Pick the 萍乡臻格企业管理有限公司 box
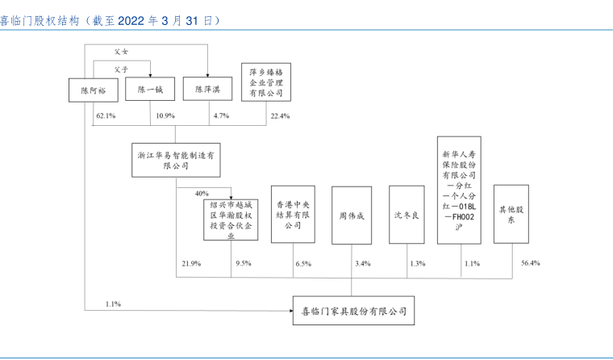pyautogui.click(x=265, y=82)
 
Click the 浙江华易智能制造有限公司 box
pyautogui.click(x=177, y=160)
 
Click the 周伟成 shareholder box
pyautogui.click(x=352, y=216)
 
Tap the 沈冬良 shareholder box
pyautogui.click(x=407, y=216)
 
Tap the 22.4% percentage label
pyautogui.click(x=280, y=117)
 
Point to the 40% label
pyautogui.click(x=202, y=194)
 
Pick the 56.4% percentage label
pyautogui.click(x=531, y=263)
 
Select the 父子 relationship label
pyautogui.click(x=121, y=69)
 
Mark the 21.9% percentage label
pyautogui.click(x=191, y=264)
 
